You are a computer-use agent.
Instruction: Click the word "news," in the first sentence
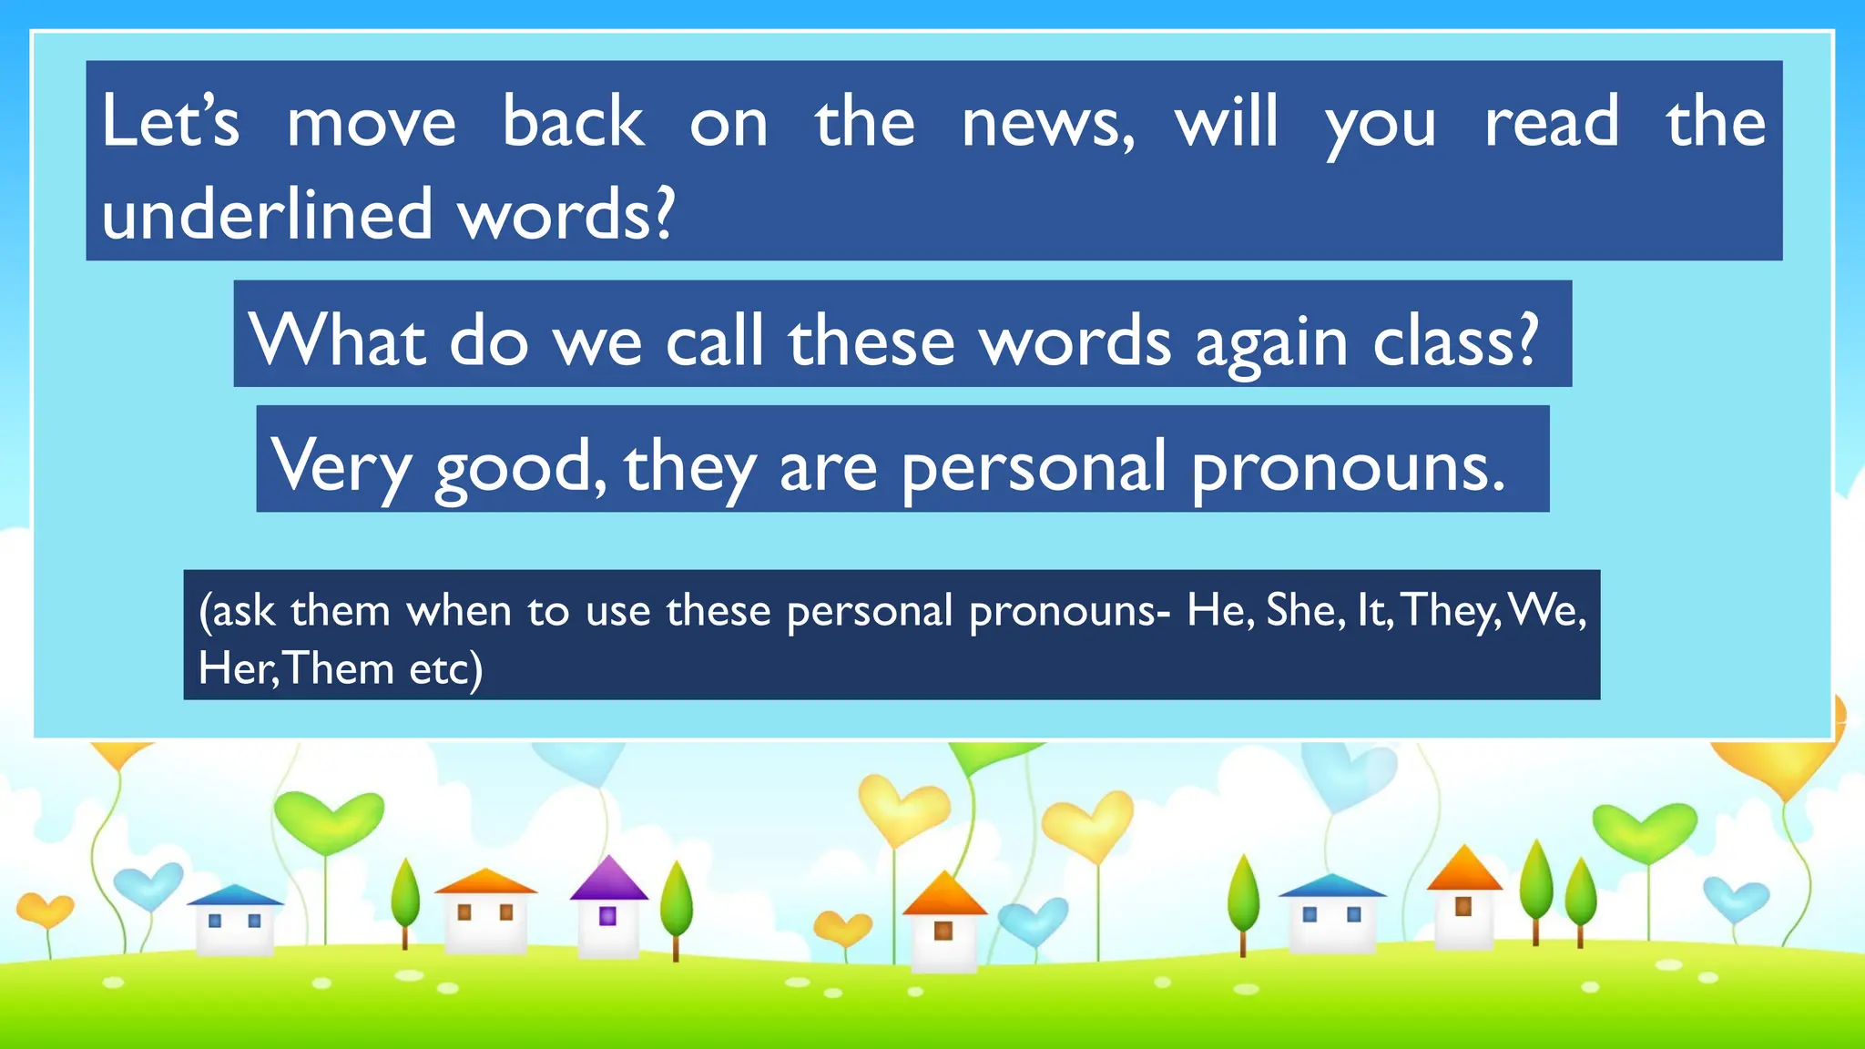[x=1047, y=123]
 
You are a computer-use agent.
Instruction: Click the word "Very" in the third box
[x=341, y=466]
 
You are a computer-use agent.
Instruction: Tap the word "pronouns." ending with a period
[x=1348, y=466]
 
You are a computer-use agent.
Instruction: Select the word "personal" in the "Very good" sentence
[x=1034, y=466]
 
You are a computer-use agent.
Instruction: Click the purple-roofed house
[x=608, y=911]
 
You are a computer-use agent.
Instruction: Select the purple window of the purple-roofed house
[x=608, y=916]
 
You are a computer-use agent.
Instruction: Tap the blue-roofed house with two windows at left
[x=235, y=922]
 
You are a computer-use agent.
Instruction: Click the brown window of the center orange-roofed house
[x=943, y=931]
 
